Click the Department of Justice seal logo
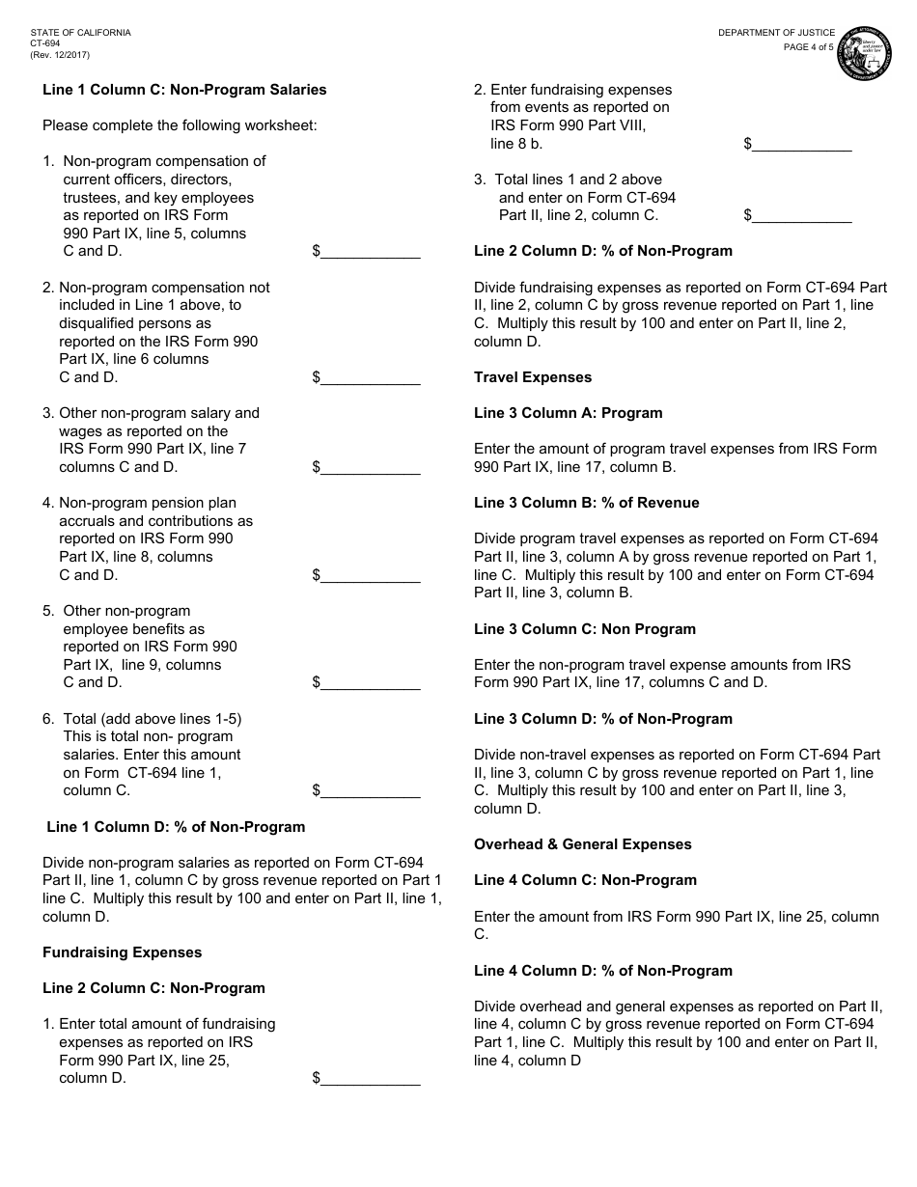[864, 55]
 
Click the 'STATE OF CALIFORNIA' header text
[81, 33]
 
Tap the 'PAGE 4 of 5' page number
[808, 47]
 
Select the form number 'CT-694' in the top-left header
[45, 43]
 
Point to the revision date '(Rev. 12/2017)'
[60, 55]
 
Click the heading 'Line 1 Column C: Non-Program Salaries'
[184, 90]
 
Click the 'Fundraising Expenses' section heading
[123, 952]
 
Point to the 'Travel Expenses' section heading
[533, 377]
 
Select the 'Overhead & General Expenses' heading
[583, 844]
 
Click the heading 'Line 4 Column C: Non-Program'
[585, 880]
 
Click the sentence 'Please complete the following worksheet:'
[180, 125]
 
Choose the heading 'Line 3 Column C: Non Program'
[585, 629]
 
